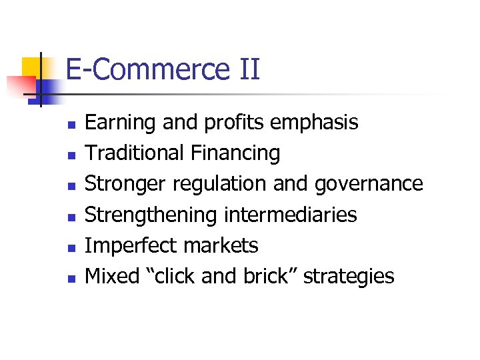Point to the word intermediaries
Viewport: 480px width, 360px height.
tap(290, 215)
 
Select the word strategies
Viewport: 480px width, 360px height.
tap(349, 277)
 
